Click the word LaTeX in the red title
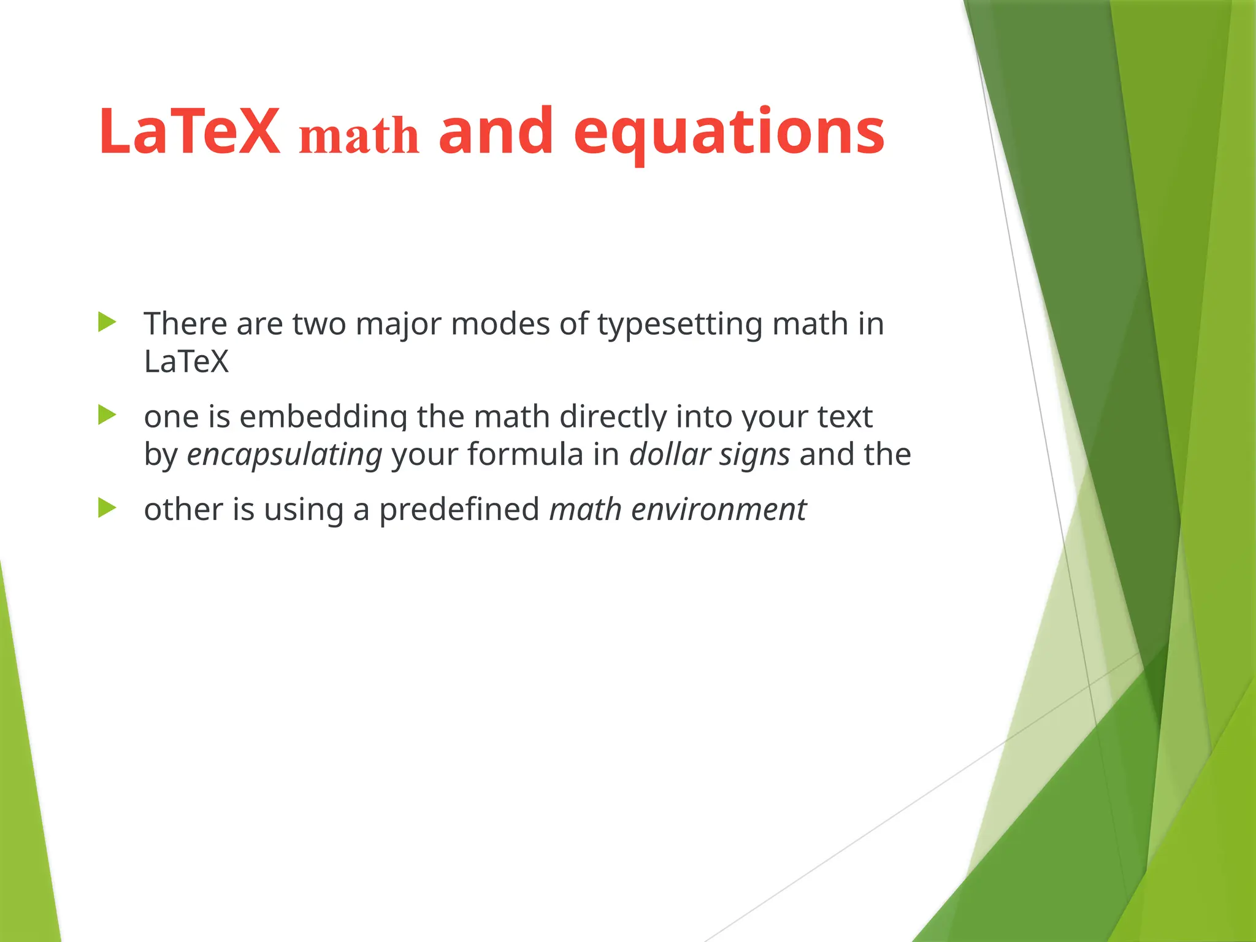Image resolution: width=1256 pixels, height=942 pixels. pyautogui.click(x=189, y=131)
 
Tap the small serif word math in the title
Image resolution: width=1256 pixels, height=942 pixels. pyautogui.click(x=359, y=136)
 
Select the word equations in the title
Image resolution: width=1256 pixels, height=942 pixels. pyautogui.click(x=729, y=132)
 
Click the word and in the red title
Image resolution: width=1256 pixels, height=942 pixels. pyautogui.click(x=496, y=131)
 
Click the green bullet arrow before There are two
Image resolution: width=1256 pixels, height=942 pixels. pyautogui.click(x=107, y=322)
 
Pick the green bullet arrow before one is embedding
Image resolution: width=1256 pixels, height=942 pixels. pyautogui.click(x=107, y=415)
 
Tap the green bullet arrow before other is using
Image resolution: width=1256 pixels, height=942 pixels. pyautogui.click(x=107, y=508)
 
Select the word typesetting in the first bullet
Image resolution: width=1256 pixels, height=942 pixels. pyautogui.click(x=680, y=325)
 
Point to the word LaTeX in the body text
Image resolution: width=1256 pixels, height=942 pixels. pyautogui.click(x=186, y=361)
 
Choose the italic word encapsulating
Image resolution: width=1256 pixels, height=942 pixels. pyautogui.click(x=285, y=456)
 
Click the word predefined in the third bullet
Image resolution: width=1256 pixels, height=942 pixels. pyautogui.click(x=459, y=510)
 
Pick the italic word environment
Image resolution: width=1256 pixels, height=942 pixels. pyautogui.click(x=718, y=510)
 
